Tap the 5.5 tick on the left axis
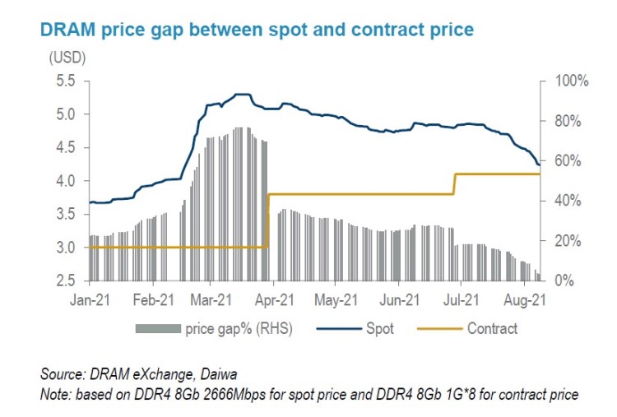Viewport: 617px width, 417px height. tap(64, 81)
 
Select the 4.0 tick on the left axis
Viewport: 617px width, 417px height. tap(64, 181)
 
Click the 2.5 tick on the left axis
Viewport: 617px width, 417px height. tap(64, 280)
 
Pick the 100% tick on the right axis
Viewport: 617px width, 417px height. tap(565, 81)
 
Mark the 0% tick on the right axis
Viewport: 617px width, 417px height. tap(559, 280)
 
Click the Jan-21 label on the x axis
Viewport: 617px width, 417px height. tap(89, 300)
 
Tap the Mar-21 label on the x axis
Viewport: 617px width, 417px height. tap(213, 300)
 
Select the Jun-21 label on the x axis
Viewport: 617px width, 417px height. tap(401, 300)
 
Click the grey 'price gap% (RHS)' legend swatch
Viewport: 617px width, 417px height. tap(157, 329)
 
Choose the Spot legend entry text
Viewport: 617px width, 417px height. tap(380, 329)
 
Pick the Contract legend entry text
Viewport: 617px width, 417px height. tap(492, 329)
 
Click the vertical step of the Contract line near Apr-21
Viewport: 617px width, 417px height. tap(269, 220)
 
